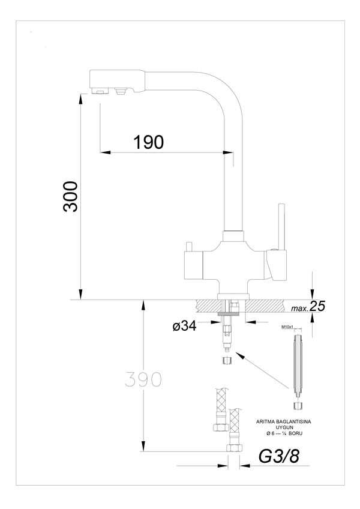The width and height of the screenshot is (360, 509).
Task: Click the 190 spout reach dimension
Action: (148, 142)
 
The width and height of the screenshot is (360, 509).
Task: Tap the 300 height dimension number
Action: (71, 196)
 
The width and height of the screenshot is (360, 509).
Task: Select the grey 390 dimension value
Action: (143, 379)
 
